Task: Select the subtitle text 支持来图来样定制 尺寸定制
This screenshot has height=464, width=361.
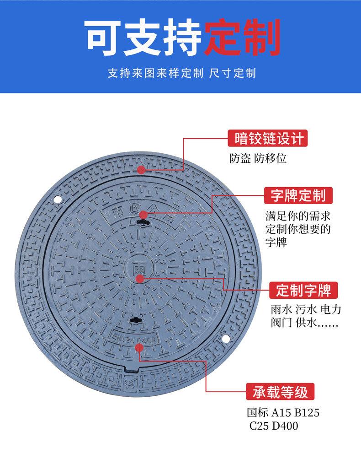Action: click(x=181, y=73)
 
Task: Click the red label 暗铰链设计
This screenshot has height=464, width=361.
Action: click(x=265, y=138)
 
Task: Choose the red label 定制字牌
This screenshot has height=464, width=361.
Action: click(x=303, y=290)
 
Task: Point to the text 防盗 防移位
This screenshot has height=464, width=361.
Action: click(x=258, y=159)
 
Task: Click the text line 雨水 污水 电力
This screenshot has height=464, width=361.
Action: click(x=306, y=310)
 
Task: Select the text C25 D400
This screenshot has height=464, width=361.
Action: click(x=273, y=426)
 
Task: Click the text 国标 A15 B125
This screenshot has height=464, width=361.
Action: click(x=283, y=413)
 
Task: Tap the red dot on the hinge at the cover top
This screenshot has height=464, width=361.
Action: click(x=142, y=170)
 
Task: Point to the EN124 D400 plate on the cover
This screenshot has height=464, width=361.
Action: click(x=135, y=338)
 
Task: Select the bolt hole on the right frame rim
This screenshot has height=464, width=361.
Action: click(x=226, y=338)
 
